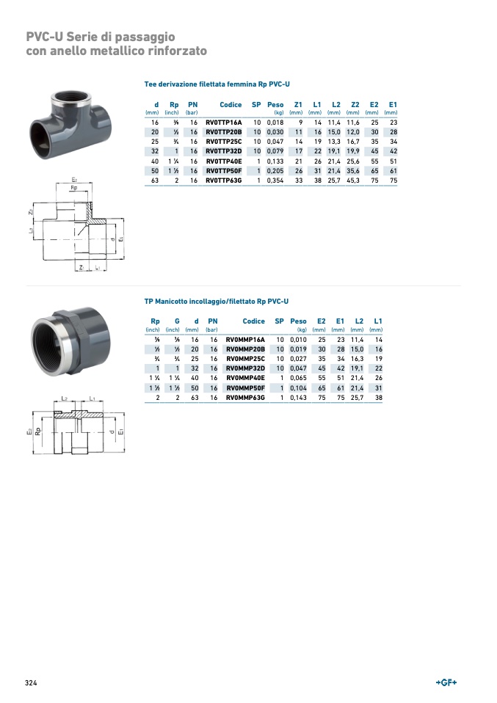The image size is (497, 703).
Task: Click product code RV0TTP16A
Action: click(223, 123)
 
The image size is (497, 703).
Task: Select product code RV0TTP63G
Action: click(223, 181)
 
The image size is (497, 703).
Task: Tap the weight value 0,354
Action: click(275, 181)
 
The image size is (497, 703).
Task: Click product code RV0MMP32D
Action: click(245, 368)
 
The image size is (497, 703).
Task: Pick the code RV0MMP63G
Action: click(245, 398)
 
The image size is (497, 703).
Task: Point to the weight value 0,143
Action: click(298, 398)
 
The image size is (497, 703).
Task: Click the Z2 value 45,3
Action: click(353, 181)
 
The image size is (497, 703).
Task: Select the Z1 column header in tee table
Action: click(298, 105)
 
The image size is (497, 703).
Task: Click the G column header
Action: click(177, 321)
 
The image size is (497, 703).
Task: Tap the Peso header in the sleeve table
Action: click(298, 321)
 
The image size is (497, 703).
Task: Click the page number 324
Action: click(31, 683)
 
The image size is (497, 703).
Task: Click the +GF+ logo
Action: click(446, 682)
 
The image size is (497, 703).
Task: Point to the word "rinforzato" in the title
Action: click(179, 51)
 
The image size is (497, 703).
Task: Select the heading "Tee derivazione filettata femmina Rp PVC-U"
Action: click(217, 84)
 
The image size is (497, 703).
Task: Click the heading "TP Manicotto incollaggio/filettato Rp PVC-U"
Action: click(217, 302)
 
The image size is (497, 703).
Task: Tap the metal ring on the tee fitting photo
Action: click(72, 96)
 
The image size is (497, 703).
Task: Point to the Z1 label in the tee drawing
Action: click(81, 268)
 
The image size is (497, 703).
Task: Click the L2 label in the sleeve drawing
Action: click(64, 398)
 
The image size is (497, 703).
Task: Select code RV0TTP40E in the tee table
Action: click(223, 161)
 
